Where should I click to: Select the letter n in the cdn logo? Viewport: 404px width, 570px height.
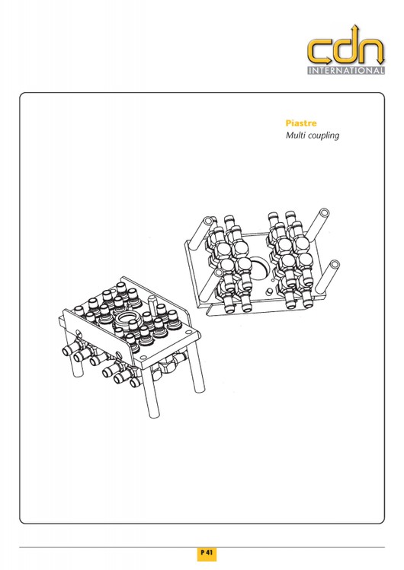click(x=372, y=52)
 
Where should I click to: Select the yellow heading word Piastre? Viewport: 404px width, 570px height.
click(x=301, y=123)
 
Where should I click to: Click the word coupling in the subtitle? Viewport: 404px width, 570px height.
click(x=323, y=136)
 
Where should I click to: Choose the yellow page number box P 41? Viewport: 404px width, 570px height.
click(x=207, y=553)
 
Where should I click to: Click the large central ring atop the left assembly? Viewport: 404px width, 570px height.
click(x=127, y=320)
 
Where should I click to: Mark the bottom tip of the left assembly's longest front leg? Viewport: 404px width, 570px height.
click(x=155, y=415)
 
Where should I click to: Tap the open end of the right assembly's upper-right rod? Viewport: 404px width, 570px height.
click(x=323, y=213)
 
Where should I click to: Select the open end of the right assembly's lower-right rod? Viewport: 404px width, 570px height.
click(x=334, y=265)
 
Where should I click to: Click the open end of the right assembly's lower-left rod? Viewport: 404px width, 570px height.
click(x=218, y=272)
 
